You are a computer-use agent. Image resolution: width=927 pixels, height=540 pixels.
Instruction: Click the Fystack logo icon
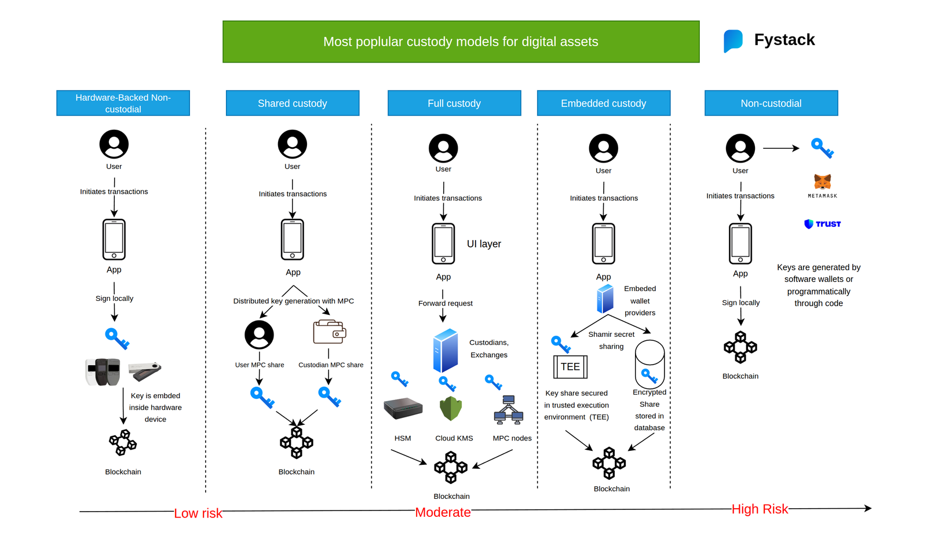[733, 41]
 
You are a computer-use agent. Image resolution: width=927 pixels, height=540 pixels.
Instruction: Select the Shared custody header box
[293, 103]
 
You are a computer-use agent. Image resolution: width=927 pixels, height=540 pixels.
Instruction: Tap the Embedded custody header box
[604, 103]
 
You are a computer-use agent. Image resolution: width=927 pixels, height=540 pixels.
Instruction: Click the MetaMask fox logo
[822, 182]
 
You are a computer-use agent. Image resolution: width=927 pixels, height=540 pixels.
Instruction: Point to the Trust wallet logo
[823, 224]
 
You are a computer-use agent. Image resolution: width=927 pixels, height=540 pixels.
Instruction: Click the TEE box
[570, 366]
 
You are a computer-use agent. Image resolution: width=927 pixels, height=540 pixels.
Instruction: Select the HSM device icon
[403, 408]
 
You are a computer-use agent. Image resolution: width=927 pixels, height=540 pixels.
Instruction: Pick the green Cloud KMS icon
[451, 409]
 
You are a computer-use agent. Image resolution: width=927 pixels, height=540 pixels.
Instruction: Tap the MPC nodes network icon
[509, 410]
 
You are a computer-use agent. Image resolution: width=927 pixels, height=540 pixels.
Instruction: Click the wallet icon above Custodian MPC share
[330, 332]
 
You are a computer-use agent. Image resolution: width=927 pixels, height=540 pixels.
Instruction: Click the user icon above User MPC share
[259, 335]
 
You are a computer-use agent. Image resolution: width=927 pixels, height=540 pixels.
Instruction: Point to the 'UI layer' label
[484, 244]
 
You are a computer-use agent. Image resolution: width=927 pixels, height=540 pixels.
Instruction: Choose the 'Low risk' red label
[198, 513]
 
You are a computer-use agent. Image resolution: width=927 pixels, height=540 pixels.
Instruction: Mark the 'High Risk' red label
[760, 509]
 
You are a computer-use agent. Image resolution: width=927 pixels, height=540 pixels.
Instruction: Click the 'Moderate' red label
[443, 512]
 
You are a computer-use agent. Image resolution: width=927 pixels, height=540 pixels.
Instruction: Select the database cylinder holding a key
[649, 364]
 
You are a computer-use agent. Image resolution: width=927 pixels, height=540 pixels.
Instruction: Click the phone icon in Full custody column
[443, 244]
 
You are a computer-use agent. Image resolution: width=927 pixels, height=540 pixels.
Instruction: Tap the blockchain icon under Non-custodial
[740, 347]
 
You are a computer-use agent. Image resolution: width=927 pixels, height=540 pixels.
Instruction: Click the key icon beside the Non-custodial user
[822, 148]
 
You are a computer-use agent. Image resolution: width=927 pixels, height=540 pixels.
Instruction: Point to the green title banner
[461, 42]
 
